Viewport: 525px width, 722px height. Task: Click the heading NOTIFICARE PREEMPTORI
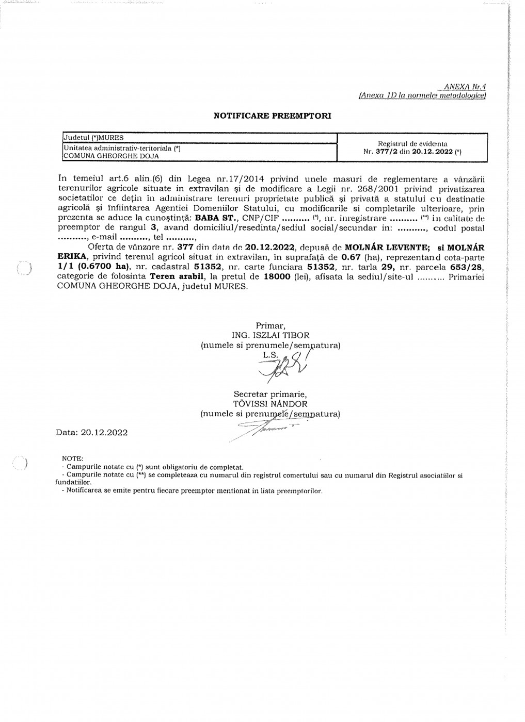[x=272, y=116]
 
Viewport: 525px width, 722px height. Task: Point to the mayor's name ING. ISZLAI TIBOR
[x=271, y=335]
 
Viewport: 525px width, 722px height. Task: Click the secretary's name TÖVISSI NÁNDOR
[x=270, y=404]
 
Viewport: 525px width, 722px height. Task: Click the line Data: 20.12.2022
[x=92, y=432]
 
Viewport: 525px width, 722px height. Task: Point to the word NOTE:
[x=72, y=458]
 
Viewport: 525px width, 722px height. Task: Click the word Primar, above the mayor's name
[x=271, y=325]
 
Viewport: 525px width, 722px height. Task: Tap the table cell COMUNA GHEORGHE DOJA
[x=110, y=155]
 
